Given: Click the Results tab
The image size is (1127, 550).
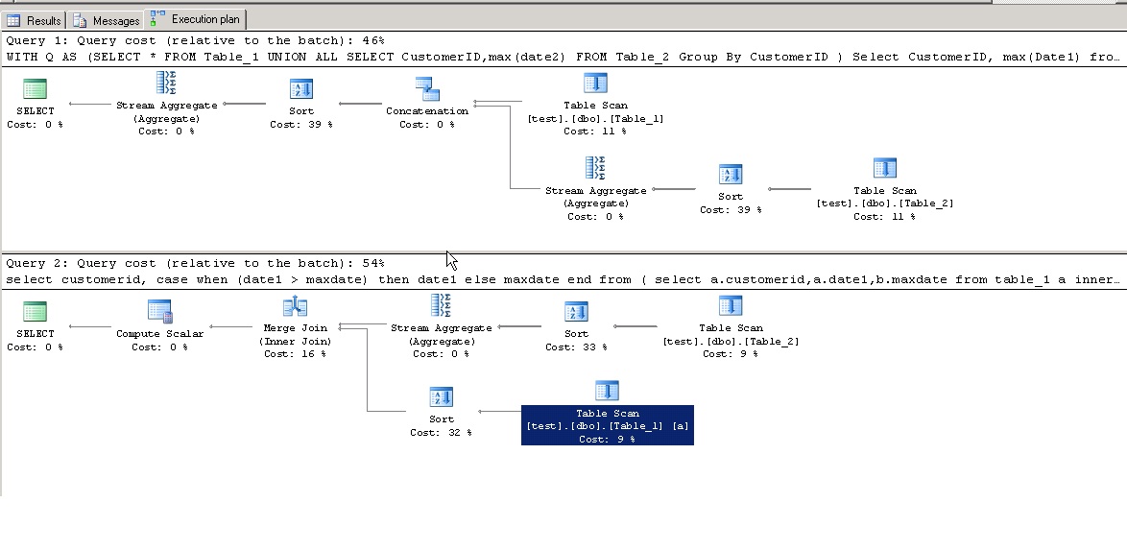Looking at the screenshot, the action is (x=34, y=20).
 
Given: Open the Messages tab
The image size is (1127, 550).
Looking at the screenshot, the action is (x=107, y=20).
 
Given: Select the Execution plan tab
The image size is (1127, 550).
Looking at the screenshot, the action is (x=196, y=18).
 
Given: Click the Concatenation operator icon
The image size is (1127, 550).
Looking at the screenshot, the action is (x=427, y=89).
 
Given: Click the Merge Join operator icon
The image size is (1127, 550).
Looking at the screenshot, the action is (x=295, y=307).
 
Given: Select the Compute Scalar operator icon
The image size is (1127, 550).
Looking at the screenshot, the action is (x=159, y=311).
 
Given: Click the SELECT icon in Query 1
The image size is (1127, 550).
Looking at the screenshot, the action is (x=35, y=89).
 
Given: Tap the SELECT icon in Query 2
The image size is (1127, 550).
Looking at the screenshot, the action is (x=35, y=311).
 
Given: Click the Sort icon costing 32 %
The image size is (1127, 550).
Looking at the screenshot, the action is (x=442, y=396).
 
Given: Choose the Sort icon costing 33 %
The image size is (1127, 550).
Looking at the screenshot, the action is (x=576, y=311).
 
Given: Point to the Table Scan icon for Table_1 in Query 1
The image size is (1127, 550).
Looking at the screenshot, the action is (x=595, y=84).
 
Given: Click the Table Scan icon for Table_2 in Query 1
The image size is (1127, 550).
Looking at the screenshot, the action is (x=885, y=168).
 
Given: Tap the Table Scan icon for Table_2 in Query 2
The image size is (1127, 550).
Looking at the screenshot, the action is (x=731, y=305).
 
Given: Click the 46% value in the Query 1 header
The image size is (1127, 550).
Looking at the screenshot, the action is (x=373, y=41).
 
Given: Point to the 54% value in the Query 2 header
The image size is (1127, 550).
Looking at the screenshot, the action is (x=373, y=263).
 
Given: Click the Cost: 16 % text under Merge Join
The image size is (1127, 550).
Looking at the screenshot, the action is (x=295, y=354).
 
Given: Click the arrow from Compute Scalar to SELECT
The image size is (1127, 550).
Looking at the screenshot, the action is (x=90, y=327).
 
